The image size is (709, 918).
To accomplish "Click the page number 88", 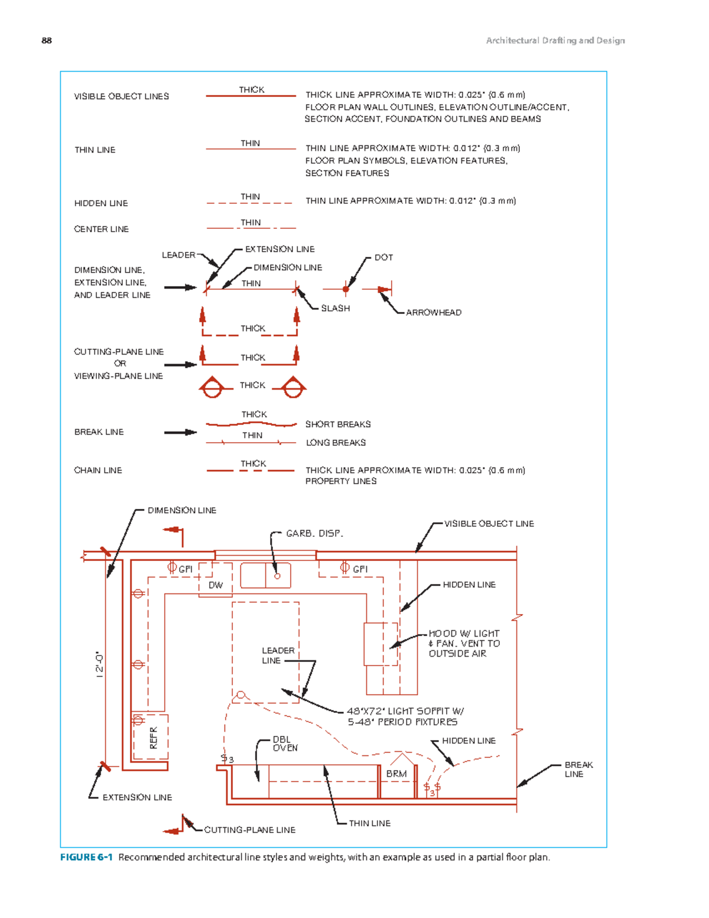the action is (47, 41).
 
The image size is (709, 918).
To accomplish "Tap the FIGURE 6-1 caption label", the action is (86, 857).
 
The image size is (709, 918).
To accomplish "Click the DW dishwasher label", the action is (216, 585).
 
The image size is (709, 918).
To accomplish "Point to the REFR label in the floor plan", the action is (153, 738).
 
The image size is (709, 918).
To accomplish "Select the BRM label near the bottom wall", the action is (396, 774).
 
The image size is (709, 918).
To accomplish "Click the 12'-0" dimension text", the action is (99, 664).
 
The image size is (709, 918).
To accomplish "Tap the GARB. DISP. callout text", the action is (314, 534).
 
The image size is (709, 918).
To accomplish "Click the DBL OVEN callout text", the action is (285, 744).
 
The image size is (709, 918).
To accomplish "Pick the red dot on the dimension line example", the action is (346, 290).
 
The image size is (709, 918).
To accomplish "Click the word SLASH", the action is (335, 309).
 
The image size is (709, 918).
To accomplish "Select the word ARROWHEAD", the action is (434, 313).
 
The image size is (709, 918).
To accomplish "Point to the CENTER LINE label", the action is (102, 229).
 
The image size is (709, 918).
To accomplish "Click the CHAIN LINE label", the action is (98, 470).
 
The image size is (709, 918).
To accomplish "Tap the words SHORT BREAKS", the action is (338, 424).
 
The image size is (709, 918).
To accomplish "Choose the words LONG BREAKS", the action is (336, 443).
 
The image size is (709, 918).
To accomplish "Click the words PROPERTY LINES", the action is (341, 481).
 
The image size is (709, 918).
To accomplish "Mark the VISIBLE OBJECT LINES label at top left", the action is (122, 96).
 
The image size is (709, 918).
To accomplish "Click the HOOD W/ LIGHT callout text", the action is (464, 634).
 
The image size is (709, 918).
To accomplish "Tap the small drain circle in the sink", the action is (278, 576).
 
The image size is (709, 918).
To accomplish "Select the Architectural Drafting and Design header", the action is (555, 41).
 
